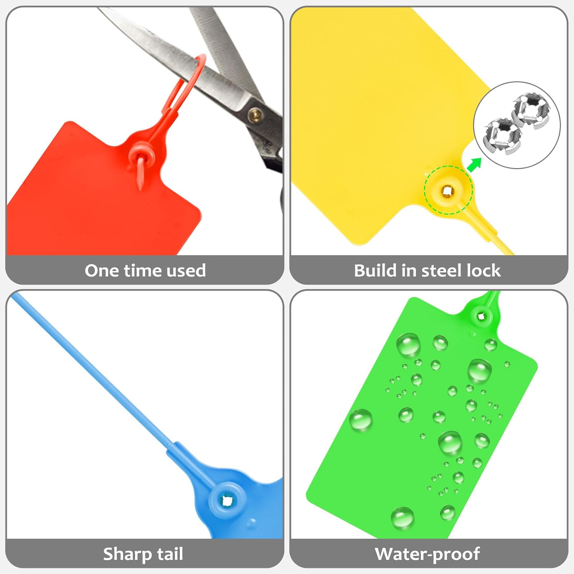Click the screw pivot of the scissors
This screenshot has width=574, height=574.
coord(256,114)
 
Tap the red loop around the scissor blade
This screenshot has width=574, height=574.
coord(188,82)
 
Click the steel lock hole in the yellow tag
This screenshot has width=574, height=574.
coord(447,190)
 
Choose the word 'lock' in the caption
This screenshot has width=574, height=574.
coord(484,271)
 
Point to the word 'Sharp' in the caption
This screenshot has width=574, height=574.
coord(127,554)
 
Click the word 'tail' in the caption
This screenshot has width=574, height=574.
coord(169,554)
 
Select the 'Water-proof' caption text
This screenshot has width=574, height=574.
coord(427,554)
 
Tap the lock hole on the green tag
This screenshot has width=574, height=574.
coord(481,316)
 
